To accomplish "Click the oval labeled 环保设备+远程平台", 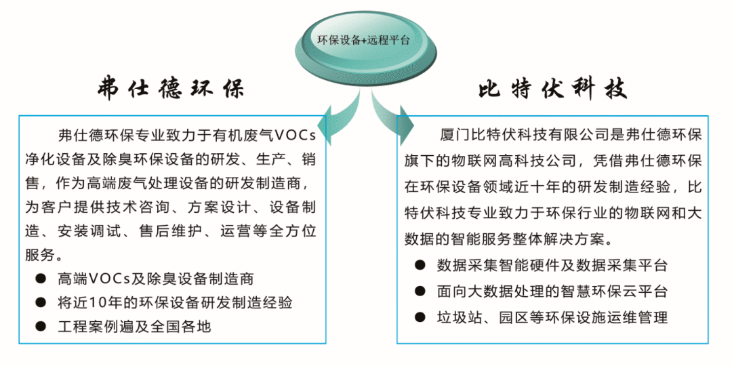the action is point(365,41).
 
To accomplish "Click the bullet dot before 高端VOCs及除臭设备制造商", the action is point(41,279).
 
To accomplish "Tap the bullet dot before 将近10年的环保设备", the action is point(41,302).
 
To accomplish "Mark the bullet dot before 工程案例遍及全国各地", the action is point(41,326).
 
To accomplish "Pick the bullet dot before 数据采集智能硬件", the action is point(421,266).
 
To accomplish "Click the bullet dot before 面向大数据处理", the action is point(421,291).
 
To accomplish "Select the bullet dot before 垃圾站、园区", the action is point(421,317).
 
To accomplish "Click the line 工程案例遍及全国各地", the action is point(134,326).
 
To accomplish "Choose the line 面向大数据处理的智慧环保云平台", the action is point(552,291).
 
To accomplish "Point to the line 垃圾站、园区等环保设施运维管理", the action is point(552,317).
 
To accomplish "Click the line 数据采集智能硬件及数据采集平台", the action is point(552,266).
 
